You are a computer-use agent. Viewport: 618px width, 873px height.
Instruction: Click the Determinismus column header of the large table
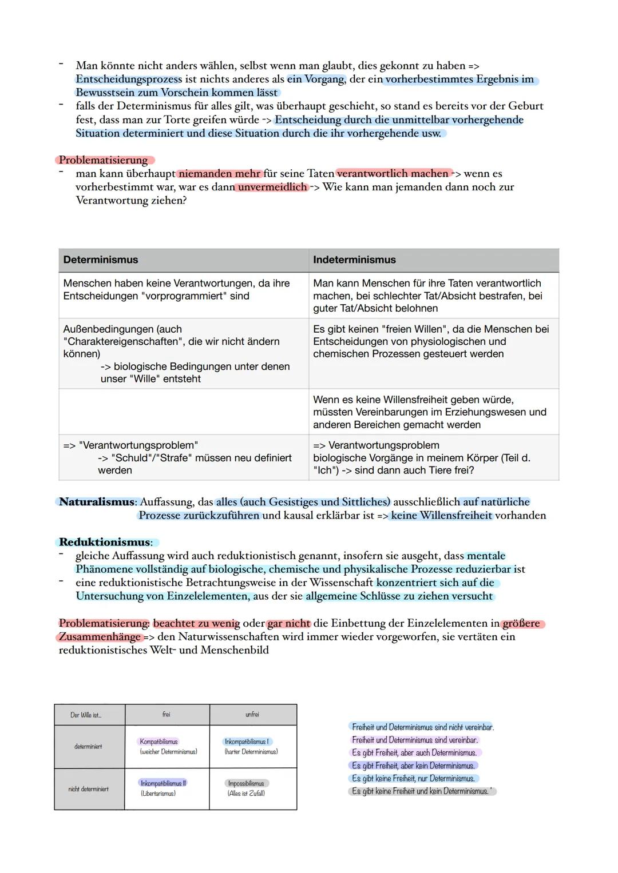point(101,260)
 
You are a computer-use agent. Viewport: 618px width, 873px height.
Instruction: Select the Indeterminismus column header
point(354,260)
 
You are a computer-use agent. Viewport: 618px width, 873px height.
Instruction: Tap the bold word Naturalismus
point(97,502)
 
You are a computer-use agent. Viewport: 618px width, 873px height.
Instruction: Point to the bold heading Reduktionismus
point(105,542)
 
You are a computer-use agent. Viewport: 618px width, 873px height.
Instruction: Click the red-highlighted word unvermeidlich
point(272,187)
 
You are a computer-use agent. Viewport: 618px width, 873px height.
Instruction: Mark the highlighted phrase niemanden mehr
point(220,173)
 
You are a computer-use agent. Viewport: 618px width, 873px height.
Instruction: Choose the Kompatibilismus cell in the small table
point(159,742)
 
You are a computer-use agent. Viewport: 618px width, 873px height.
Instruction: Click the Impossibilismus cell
point(246,783)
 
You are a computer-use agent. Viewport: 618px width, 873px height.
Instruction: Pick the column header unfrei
point(252,715)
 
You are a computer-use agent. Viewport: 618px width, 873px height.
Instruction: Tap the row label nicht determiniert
point(88,789)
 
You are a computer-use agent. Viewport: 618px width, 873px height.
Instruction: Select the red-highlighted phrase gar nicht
point(289,623)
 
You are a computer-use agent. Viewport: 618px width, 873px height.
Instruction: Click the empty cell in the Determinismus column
point(183,412)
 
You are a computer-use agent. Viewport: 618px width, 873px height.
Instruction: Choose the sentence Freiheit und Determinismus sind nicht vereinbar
point(422,727)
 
